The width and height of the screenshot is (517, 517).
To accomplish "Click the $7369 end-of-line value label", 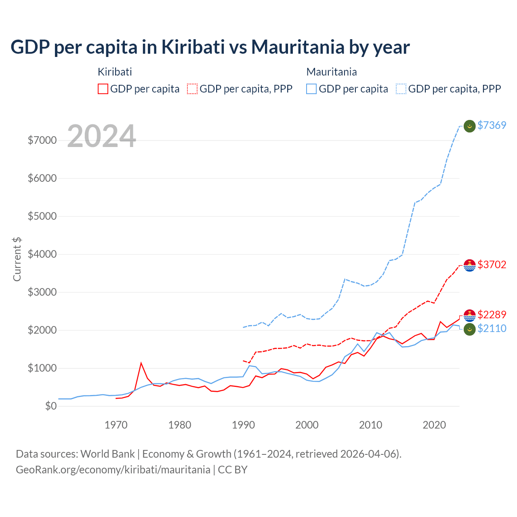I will [x=492, y=125].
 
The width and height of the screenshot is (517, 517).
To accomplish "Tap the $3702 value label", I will [x=492, y=265].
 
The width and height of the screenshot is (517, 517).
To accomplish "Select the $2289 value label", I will [x=492, y=315].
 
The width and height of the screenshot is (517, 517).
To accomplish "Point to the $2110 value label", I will [x=492, y=328].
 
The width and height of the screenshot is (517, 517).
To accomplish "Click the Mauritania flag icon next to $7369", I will [x=469, y=126].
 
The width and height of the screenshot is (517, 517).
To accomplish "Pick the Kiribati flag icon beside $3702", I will [x=469, y=265].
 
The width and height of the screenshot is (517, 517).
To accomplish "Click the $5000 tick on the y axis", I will [x=42, y=216].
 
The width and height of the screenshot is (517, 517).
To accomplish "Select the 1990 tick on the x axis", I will [x=244, y=425].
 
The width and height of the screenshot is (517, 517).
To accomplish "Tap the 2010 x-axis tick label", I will [x=371, y=425].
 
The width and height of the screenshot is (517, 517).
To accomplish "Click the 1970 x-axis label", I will [x=116, y=425].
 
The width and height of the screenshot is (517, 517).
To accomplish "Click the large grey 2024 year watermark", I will [x=101, y=136].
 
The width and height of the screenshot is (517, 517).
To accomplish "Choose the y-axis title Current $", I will [x=17, y=259].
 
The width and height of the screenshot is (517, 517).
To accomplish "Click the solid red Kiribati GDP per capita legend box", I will [x=103, y=89].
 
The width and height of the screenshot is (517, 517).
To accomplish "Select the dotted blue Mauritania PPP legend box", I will [x=401, y=89].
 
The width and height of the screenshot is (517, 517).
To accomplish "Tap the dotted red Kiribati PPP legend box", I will [x=192, y=89].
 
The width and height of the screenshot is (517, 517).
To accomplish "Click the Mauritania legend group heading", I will [x=332, y=72].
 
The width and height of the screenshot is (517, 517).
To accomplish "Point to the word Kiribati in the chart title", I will [x=193, y=47].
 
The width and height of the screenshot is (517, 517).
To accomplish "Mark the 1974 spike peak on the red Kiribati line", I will [x=141, y=363].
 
